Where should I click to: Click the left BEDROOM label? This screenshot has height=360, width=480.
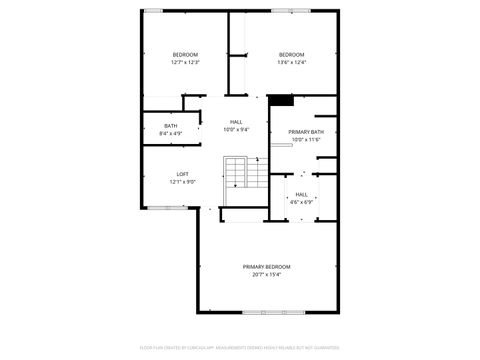pos(185,54)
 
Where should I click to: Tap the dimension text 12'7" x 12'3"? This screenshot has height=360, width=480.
pos(185,62)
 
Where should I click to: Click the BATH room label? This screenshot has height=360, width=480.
pos(171,125)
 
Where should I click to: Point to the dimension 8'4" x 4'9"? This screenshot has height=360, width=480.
pos(171,132)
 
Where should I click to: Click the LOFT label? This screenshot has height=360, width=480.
pos(183,174)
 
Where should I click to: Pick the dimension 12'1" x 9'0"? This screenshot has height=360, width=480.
pos(183,182)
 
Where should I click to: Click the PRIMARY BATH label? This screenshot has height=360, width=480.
pos(306,132)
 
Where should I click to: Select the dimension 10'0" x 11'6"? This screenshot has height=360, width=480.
pos(306,139)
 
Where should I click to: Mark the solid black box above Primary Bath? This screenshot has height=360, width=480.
pos(282,100)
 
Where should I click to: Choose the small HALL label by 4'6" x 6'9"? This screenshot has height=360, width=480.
pos(301,194)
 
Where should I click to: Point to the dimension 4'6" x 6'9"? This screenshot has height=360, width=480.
pos(301,202)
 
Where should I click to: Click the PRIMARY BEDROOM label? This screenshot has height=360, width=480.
pos(266,266)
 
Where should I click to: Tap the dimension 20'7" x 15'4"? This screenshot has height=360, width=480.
pos(266,274)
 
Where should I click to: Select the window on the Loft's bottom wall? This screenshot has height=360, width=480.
pos(162,207)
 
